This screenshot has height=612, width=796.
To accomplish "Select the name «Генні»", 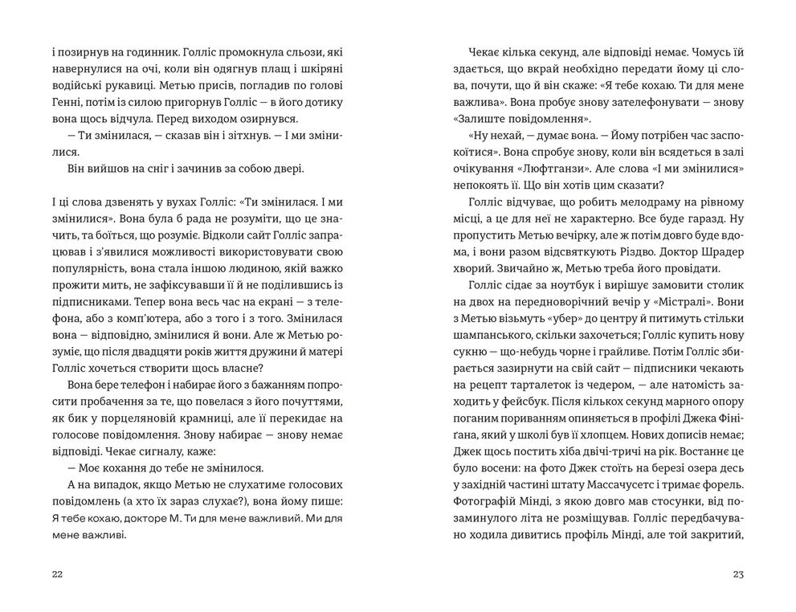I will [x=66, y=101].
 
